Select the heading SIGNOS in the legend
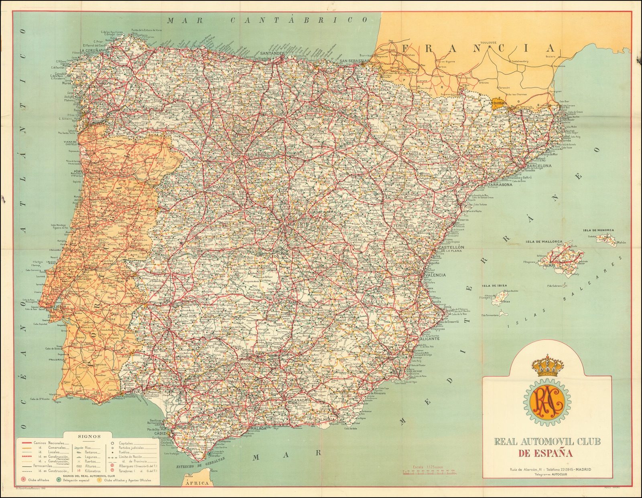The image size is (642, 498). (89, 436)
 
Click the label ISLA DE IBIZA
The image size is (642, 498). (494, 285)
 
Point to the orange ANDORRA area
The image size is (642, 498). (498, 103)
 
